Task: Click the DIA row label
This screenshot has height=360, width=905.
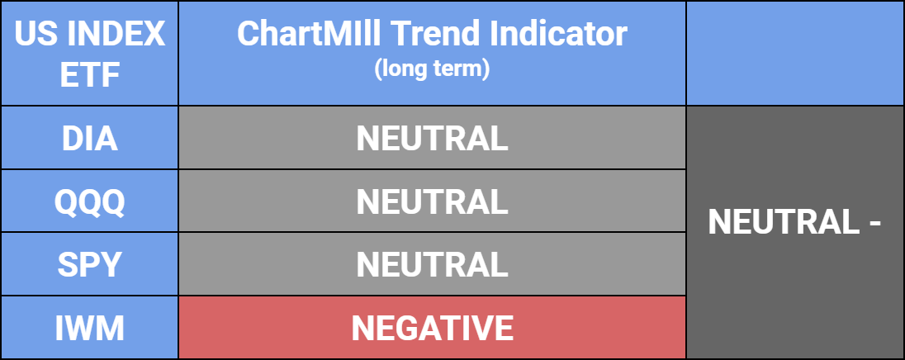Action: pyautogui.click(x=89, y=139)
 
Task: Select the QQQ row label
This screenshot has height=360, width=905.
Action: pyautogui.click(x=89, y=202)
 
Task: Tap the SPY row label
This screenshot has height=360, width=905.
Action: pyautogui.click(x=89, y=265)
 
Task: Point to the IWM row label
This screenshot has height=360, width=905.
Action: pyautogui.click(x=89, y=328)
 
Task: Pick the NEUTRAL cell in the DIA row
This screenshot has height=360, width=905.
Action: pyautogui.click(x=433, y=139)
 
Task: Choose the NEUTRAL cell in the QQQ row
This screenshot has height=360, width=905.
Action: pyautogui.click(x=433, y=201)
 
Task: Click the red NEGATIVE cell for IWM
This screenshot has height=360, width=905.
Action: pyautogui.click(x=433, y=328)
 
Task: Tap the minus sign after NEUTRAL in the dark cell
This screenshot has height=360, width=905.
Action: pyautogui.click(x=874, y=224)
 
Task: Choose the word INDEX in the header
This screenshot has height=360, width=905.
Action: pyautogui.click(x=116, y=36)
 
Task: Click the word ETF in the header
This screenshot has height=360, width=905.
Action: pyautogui.click(x=89, y=75)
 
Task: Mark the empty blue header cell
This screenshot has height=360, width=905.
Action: pyautogui.click(x=794, y=53)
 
